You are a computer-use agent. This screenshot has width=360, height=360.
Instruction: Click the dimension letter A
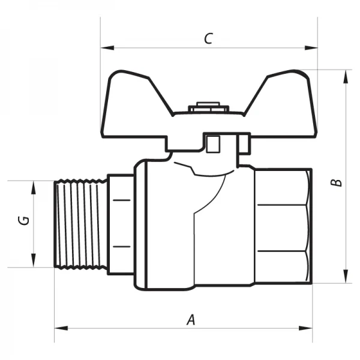coord(191,319)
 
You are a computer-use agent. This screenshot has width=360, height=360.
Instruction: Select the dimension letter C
coord(208,39)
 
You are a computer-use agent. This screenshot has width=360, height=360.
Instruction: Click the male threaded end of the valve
coord(80,223)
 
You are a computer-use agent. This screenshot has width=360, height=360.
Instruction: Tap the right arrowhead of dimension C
coord(313,47)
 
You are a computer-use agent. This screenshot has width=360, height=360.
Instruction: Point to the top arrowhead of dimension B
coord(346,74)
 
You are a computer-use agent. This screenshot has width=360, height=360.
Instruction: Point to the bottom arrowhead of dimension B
coord(346,278)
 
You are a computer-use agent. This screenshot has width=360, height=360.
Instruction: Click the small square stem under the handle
coord(212,144)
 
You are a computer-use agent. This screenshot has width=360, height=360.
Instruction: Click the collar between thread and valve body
coord(120,223)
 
